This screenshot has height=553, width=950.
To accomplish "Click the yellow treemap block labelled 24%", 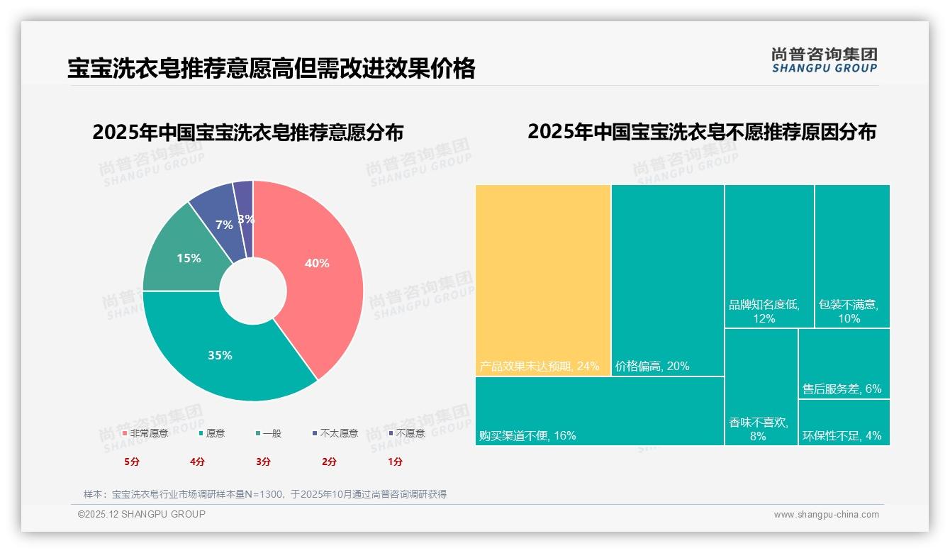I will pyautogui.click(x=542, y=280).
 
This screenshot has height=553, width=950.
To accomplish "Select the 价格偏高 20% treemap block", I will pyautogui.click(x=667, y=280).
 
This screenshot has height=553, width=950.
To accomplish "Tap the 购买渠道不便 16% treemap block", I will pyautogui.click(x=599, y=411).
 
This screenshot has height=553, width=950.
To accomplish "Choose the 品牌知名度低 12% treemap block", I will pyautogui.click(x=769, y=255).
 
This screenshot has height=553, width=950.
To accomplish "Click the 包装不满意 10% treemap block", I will pyautogui.click(x=851, y=255).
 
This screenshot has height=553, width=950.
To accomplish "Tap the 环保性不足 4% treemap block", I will pyautogui.click(x=844, y=423).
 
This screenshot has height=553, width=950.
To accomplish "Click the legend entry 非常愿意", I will pyautogui.click(x=145, y=433).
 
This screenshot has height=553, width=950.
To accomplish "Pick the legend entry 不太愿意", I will pyautogui.click(x=335, y=433).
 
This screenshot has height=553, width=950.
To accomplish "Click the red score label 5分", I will pyautogui.click(x=132, y=462).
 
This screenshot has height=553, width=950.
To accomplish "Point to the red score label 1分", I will pyautogui.click(x=395, y=462).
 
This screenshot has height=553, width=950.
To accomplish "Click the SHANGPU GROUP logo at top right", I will pyautogui.click(x=824, y=60).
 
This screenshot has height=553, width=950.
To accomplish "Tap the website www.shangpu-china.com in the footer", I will pyautogui.click(x=826, y=515).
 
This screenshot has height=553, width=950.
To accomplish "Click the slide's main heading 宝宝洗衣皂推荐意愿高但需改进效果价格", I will pyautogui.click(x=271, y=69).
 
